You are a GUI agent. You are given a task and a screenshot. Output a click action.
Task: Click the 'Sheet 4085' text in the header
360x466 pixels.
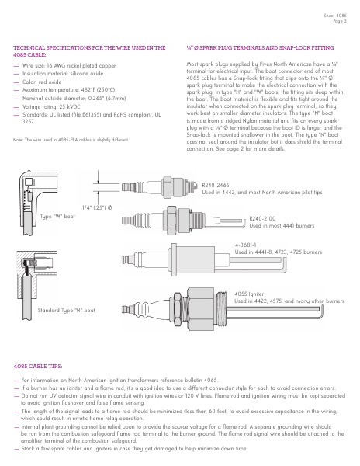click(x=331, y=14)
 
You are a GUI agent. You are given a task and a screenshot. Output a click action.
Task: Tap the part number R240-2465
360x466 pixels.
click(x=216, y=185)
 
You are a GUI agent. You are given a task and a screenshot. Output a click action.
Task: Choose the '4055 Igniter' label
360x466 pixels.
click(x=251, y=294)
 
